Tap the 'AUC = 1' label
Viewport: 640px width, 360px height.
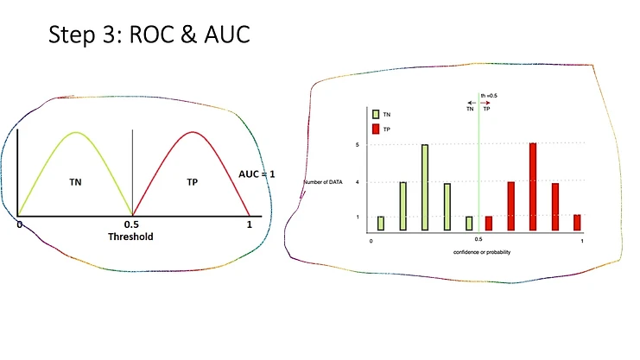tap(257, 174)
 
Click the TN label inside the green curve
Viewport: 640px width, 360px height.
tap(75, 182)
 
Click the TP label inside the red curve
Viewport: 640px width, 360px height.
tap(192, 182)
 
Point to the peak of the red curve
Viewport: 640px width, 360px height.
tap(191, 132)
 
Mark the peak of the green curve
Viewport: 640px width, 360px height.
tap(75, 132)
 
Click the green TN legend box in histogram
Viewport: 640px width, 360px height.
tap(375, 113)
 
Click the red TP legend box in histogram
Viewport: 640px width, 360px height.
tap(375, 129)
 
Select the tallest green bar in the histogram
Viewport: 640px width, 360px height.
tap(425, 187)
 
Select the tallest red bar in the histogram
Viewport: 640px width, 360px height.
tap(533, 186)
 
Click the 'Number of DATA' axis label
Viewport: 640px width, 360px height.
tap(322, 182)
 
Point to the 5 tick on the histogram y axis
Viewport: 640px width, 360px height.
tap(358, 144)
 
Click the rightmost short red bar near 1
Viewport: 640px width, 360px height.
tap(577, 222)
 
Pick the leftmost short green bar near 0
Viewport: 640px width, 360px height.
tap(381, 223)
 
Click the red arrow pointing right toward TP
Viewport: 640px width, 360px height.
tap(486, 103)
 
